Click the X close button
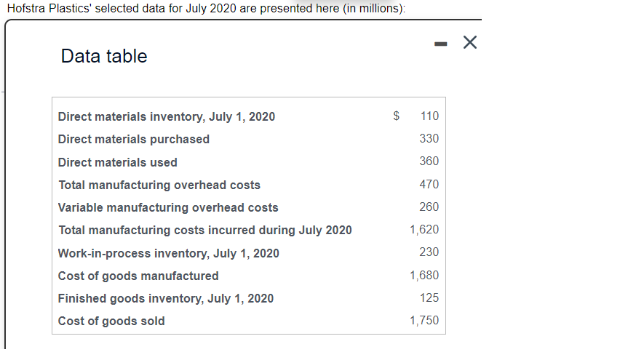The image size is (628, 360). coord(470,44)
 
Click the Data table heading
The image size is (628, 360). coord(104,56)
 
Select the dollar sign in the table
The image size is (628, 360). coord(397,116)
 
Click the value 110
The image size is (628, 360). coord(429,116)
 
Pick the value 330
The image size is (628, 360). coord(429,138)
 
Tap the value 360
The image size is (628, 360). coord(429,161)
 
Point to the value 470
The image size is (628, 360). coord(429,184)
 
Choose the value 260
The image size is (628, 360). coord(429,207)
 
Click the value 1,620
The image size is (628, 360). coord(424,229)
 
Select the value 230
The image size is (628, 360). coord(429,252)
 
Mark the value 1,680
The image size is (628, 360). coord(424,275)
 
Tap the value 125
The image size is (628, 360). coord(429,297)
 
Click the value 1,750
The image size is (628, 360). coord(424,321)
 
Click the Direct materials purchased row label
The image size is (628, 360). coord(134,139)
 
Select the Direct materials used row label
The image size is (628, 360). coord(118,162)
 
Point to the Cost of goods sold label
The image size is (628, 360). coord(111,321)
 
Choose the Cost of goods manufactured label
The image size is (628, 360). coord(138,276)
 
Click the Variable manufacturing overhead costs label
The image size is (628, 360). coord(168,207)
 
